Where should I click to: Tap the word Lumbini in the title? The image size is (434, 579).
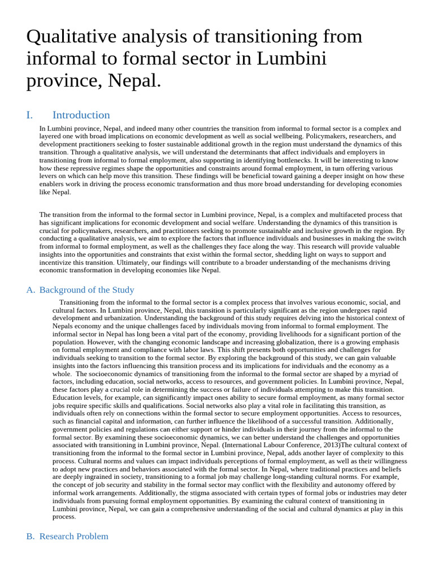(292, 59)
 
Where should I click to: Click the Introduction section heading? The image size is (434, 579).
(81, 115)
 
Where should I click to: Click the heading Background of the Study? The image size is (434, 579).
(86, 290)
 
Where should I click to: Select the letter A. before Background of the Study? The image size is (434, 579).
(31, 290)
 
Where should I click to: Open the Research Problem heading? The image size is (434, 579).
(73, 536)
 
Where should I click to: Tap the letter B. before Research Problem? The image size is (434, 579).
(31, 536)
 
